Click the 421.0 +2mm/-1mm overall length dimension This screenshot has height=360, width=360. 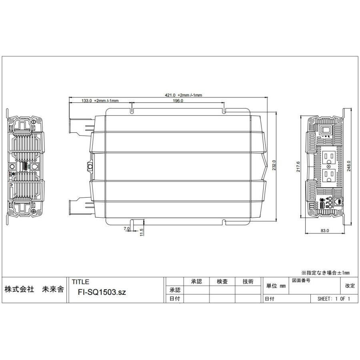(184, 95)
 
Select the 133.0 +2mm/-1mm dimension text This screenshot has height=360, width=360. (100, 101)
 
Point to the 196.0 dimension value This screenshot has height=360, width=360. (178, 101)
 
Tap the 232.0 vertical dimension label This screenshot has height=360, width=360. (274, 165)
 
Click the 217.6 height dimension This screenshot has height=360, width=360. (298, 165)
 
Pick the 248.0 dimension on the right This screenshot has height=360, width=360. (349, 165)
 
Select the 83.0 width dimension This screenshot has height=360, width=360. (324, 231)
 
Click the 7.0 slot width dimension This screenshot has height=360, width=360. (127, 228)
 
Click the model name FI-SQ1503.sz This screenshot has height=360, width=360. (102, 292)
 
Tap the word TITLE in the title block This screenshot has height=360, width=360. (80, 282)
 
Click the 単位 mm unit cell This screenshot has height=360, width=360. (276, 286)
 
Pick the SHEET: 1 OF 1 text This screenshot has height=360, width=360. (334, 299)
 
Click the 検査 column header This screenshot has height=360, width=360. (222, 282)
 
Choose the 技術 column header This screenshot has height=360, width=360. (248, 282)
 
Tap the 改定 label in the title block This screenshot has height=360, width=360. (349, 286)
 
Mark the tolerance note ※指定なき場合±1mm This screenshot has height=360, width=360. (325, 272)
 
